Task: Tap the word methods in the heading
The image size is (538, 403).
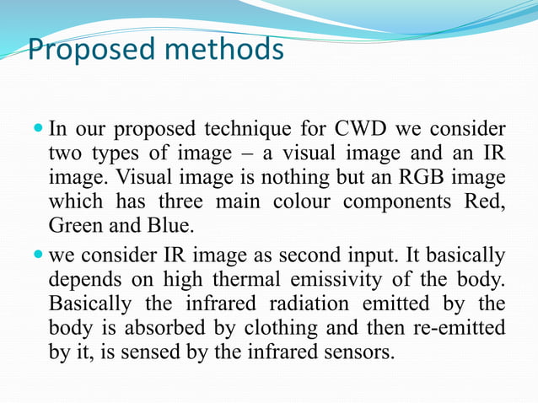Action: pos(225,49)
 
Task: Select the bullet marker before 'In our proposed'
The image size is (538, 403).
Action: pos(38,132)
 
